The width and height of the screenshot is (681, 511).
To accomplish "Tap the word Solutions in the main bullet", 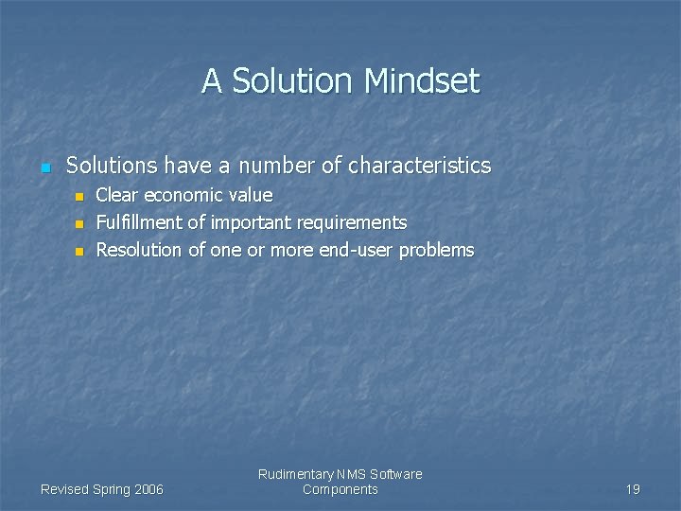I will pyautogui.click(x=112, y=166).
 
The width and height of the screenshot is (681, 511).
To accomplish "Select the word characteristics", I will pyautogui.click(x=419, y=166).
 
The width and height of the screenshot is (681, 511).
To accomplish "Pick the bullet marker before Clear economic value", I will pyautogui.click(x=79, y=197).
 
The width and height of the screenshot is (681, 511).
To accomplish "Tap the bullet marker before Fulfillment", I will pyautogui.click(x=79, y=224).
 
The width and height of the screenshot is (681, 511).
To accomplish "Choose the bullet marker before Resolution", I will pyautogui.click(x=79, y=252).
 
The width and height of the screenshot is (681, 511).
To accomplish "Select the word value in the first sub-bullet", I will pyautogui.click(x=251, y=196).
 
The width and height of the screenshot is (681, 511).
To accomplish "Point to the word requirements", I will pyautogui.click(x=352, y=223).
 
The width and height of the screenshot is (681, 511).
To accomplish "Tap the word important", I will pyautogui.click(x=251, y=223).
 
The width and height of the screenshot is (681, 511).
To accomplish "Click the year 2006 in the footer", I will pyautogui.click(x=148, y=489).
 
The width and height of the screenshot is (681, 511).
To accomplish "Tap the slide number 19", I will pyautogui.click(x=633, y=489).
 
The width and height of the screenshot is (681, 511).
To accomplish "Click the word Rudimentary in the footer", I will pyautogui.click(x=295, y=474).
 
